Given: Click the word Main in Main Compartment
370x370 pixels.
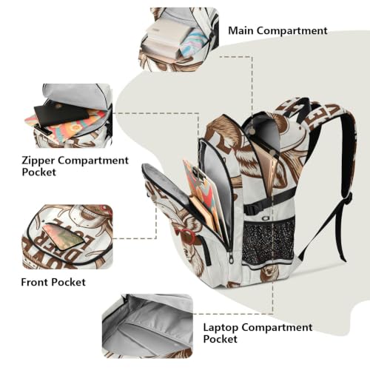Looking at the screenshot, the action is pos(240,30).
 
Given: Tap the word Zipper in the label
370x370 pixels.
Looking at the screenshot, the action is pos(38,161).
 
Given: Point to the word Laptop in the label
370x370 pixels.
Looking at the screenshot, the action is pos(221,328).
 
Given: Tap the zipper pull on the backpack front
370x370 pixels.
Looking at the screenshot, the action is pos(232,258).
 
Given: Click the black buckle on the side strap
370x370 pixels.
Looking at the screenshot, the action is pos(249,209).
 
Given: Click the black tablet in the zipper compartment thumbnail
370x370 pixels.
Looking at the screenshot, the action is pos(61,114).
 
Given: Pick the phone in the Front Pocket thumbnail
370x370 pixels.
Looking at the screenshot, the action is pos(64,235).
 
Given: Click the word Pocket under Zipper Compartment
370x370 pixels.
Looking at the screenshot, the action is pos(39,172).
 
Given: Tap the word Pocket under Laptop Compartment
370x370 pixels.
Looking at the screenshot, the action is pos(220,339).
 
